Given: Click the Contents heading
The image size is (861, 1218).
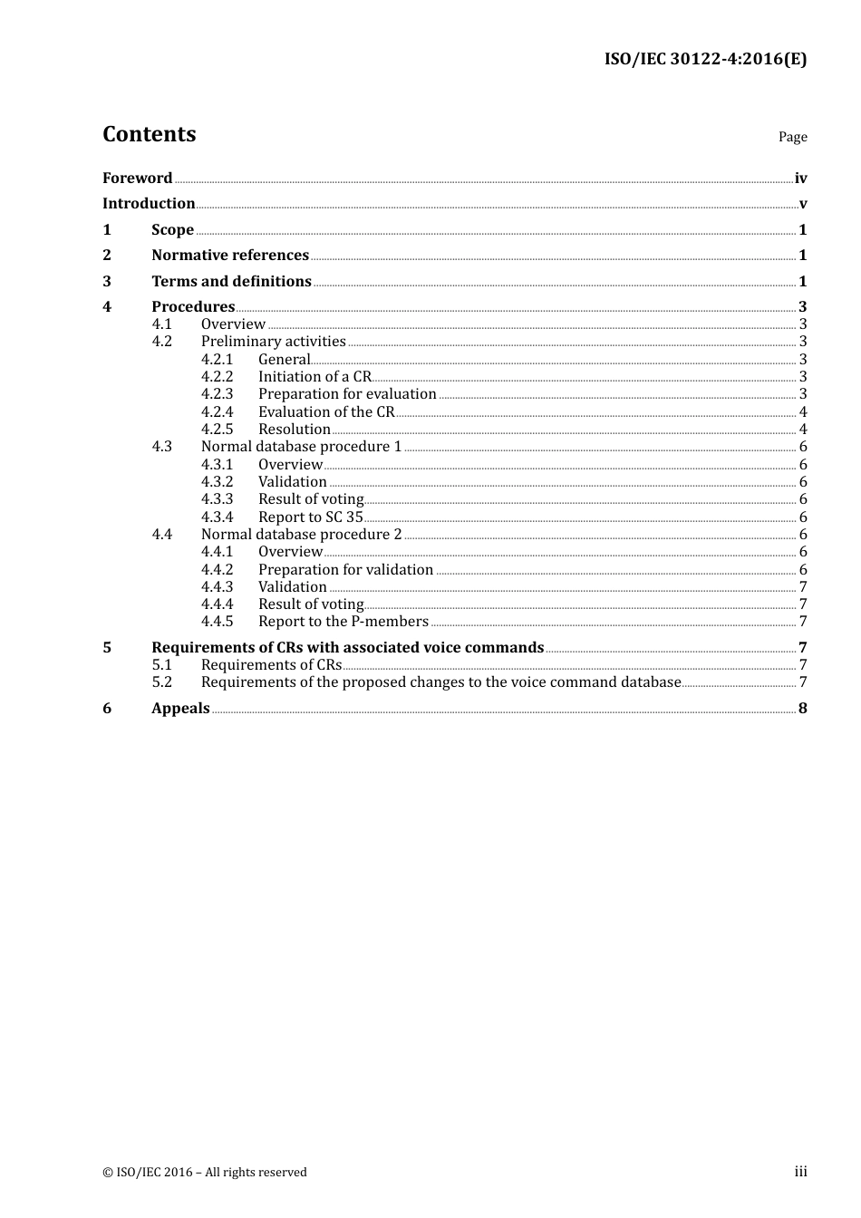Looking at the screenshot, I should (x=149, y=134).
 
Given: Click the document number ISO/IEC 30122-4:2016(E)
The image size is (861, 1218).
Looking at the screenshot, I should (x=705, y=60).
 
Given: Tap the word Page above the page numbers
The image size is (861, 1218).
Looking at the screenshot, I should (x=792, y=137).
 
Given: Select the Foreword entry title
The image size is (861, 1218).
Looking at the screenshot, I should (x=137, y=179).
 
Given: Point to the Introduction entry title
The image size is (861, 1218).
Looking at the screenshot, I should (x=149, y=204).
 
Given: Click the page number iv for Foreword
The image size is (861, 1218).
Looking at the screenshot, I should (x=800, y=179).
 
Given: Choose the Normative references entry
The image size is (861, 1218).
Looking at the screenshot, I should (x=230, y=256).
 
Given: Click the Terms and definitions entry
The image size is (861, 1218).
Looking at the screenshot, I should (x=231, y=282).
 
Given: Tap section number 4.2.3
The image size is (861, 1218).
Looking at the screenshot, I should (x=217, y=394).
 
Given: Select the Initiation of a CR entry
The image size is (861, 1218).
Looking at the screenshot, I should (x=314, y=377).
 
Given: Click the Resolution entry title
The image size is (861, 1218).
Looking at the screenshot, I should (x=295, y=430).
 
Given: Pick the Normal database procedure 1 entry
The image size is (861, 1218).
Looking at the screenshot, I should (x=301, y=447).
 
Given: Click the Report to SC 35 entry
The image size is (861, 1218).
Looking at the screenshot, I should (x=310, y=517).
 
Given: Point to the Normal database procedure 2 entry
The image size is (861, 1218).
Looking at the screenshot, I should (x=301, y=535).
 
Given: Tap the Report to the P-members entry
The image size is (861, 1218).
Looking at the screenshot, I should (x=343, y=622).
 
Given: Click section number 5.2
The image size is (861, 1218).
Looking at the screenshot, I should (x=162, y=682).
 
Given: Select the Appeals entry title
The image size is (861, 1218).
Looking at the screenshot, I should (x=180, y=709).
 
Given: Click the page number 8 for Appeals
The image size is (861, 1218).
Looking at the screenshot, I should (x=802, y=709).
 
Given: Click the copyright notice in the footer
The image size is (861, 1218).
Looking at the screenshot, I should (x=205, y=1173).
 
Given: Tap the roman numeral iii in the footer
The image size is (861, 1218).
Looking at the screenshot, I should (x=800, y=1172).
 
